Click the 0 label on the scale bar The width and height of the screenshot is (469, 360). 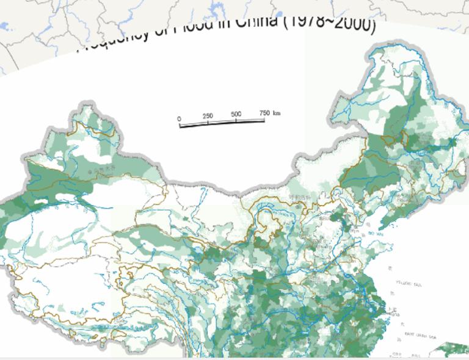pos(179,118)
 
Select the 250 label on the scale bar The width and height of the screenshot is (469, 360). pos(208,116)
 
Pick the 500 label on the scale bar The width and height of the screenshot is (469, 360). pos(236,114)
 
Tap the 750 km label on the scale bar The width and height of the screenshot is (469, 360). pos(269,113)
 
